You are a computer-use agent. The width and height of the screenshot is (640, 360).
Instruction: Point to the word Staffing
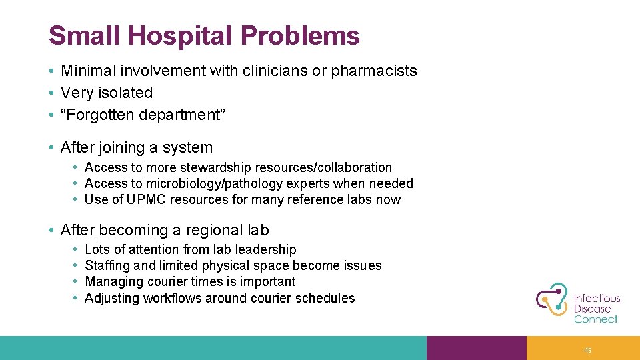107,265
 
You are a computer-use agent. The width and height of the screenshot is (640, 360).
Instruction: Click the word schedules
326,298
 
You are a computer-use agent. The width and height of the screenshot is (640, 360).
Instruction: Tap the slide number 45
587,350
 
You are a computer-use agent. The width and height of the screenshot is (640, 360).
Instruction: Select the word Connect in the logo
595,319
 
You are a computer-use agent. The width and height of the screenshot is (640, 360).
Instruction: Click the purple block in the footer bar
476,348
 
